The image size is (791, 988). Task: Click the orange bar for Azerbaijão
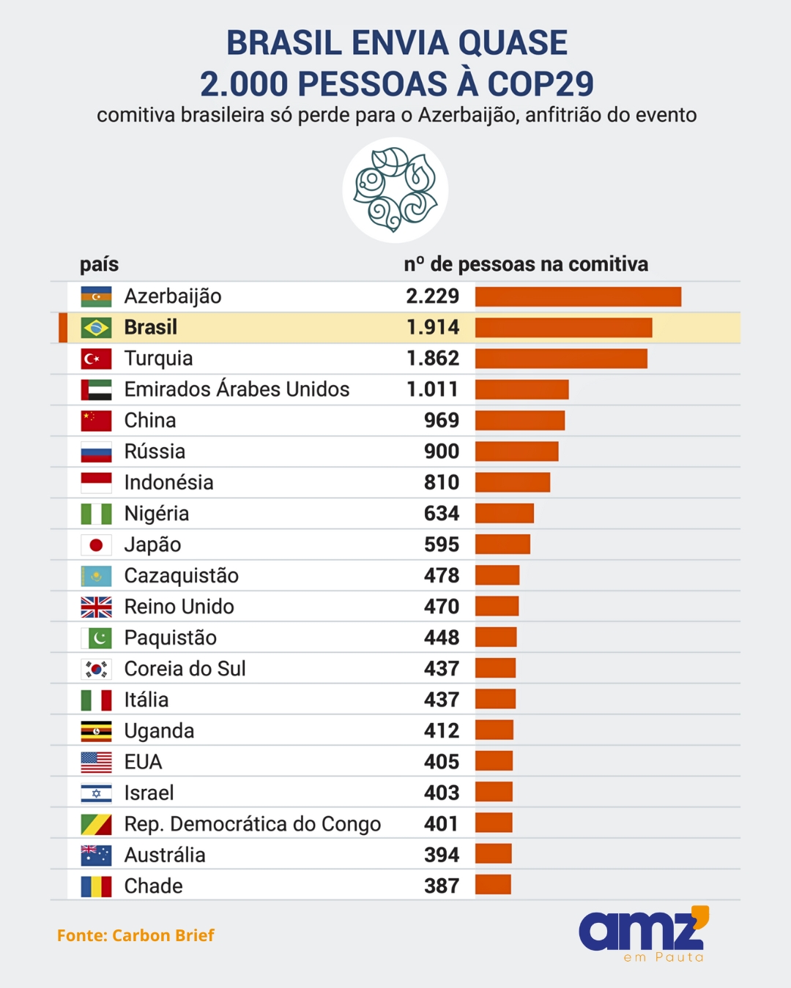point(578,296)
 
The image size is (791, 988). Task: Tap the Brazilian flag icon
point(96,328)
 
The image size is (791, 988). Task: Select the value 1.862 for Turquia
point(433,359)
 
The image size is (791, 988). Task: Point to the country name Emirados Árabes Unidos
point(237,389)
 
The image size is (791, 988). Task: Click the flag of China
point(96,421)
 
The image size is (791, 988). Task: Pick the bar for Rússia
point(516,452)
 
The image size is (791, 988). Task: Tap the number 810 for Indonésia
point(442,482)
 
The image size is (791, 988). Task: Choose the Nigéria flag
point(96,514)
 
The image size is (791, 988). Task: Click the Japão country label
point(152,544)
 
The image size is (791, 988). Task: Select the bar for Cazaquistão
point(497,575)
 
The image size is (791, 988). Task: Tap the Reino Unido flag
point(96,607)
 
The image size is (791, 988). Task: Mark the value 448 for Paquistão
point(442,637)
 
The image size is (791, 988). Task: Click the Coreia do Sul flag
point(96,669)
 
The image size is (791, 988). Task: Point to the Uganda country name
point(159,731)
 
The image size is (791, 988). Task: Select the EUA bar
point(494,762)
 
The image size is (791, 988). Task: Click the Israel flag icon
point(96,793)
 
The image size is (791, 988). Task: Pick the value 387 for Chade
point(442,886)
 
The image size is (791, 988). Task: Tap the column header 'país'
point(99,264)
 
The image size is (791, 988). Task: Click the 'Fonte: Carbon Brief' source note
point(135,935)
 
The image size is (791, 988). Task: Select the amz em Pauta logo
point(644,934)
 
